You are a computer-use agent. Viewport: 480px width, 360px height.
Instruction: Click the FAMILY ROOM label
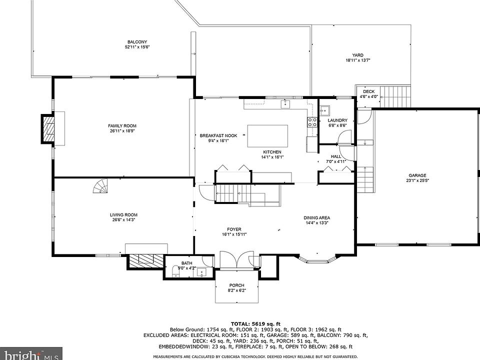pyautogui.click(x=122, y=126)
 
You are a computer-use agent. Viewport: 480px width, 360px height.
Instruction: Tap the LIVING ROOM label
pyautogui.click(x=123, y=215)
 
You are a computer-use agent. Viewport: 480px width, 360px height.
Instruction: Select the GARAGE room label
pyautogui.click(x=417, y=175)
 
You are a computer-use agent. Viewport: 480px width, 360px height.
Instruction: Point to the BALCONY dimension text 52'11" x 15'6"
pyautogui.click(x=137, y=47)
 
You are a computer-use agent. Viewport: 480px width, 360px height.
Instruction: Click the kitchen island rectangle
pyautogui.click(x=267, y=136)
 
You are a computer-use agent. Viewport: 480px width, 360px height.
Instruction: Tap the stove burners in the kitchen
pyautogui.click(x=312, y=122)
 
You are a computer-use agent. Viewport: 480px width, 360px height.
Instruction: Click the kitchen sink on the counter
pyautogui.click(x=285, y=104)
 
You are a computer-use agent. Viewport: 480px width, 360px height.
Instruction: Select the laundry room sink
pyautogui.click(x=325, y=110)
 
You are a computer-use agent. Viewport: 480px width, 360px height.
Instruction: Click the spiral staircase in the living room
pyautogui.click(x=101, y=186)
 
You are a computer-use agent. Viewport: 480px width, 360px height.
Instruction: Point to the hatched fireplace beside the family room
pyautogui.click(x=48, y=128)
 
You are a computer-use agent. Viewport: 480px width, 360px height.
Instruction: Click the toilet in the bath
pyautogui.click(x=175, y=271)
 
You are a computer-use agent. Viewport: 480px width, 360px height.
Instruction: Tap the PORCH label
pyautogui.click(x=236, y=285)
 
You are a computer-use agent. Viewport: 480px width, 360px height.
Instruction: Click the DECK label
pyautogui.click(x=368, y=91)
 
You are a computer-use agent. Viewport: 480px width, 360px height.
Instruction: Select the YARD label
pyautogui.click(x=357, y=55)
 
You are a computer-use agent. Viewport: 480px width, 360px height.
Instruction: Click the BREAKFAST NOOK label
pyautogui.click(x=218, y=135)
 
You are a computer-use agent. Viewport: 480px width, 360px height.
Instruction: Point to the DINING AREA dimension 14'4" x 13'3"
pyautogui.click(x=317, y=223)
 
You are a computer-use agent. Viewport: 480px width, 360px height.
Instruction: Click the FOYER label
pyautogui.click(x=234, y=229)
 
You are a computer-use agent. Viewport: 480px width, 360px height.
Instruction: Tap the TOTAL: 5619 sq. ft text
pyautogui.click(x=255, y=323)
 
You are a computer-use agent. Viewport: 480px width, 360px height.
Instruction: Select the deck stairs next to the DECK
pyautogui.click(x=395, y=96)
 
